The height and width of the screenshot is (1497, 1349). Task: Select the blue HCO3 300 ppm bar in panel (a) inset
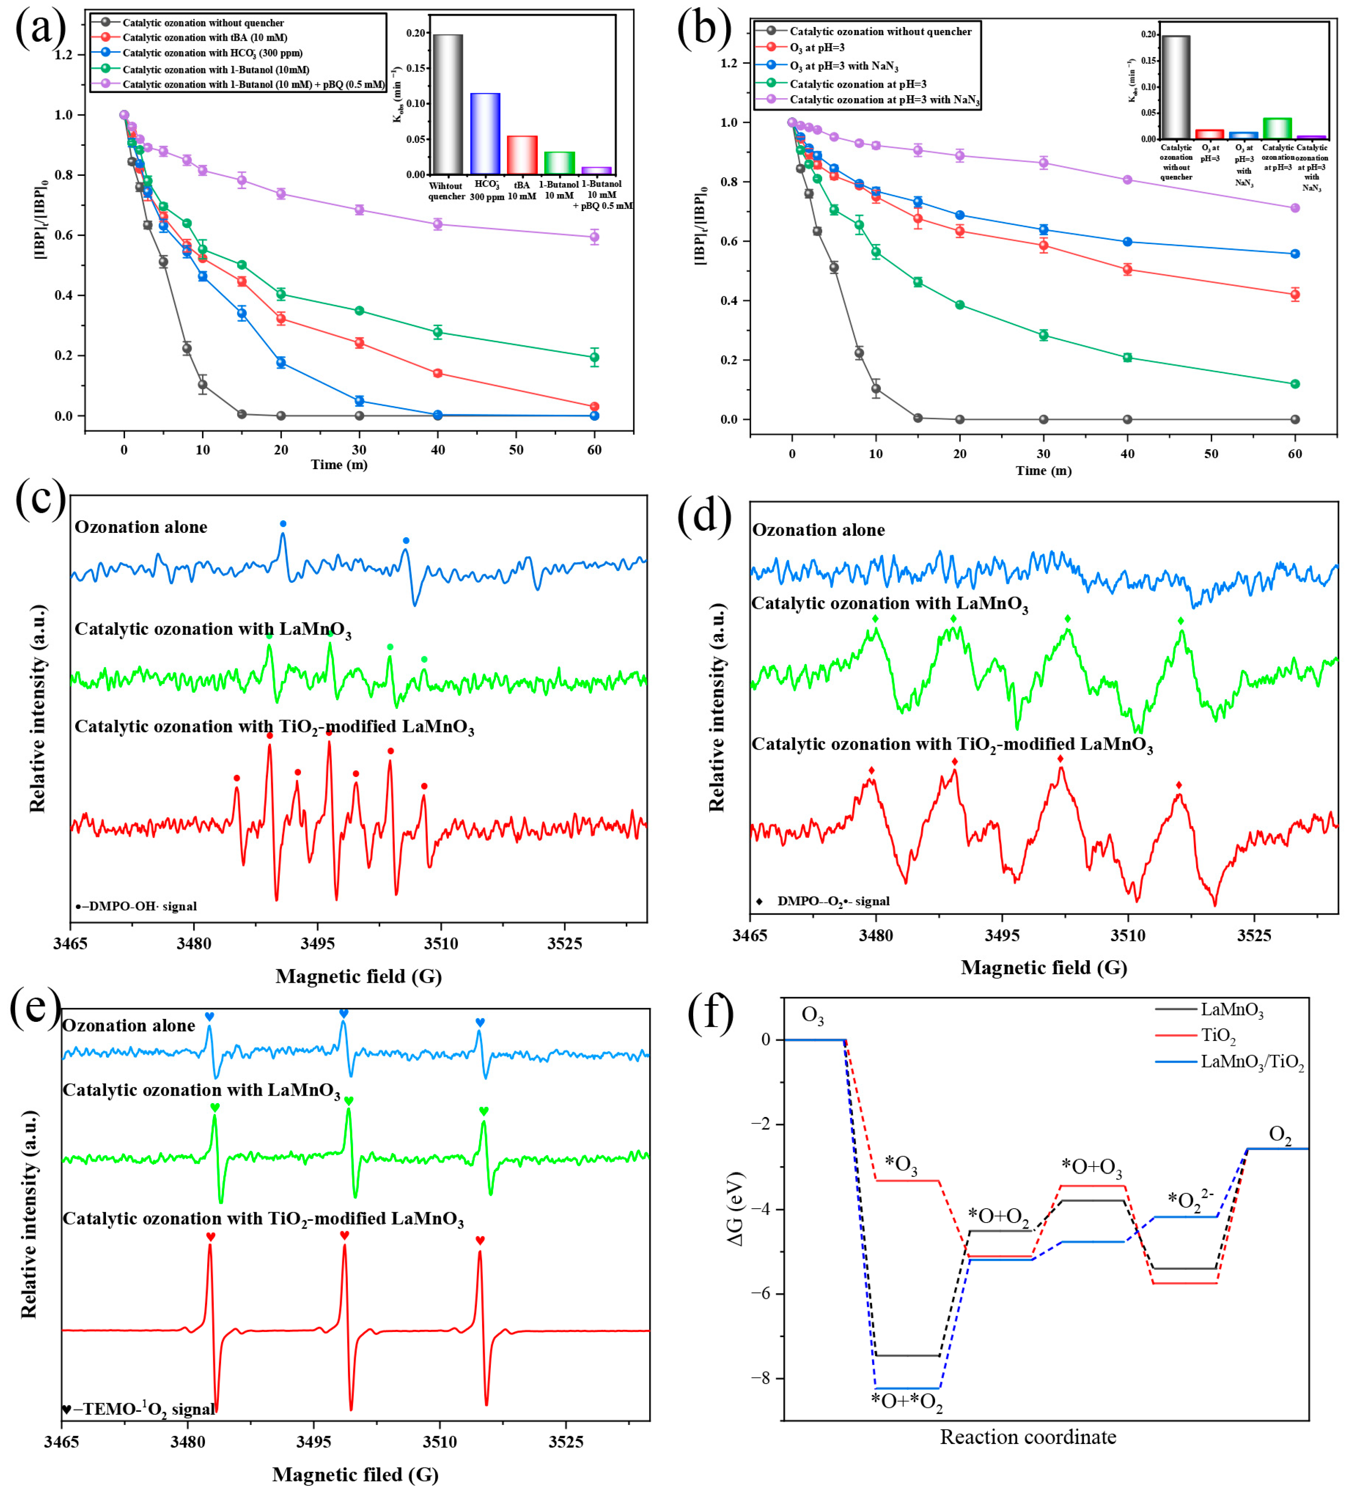pyautogui.click(x=485, y=133)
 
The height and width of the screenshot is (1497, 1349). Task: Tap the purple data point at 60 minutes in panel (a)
pyautogui.click(x=594, y=237)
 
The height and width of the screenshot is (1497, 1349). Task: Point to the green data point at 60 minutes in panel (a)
pyautogui.click(x=594, y=357)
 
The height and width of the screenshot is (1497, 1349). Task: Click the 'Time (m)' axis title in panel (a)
pyautogui.click(x=339, y=465)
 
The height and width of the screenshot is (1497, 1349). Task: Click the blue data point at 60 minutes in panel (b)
pyautogui.click(x=1295, y=254)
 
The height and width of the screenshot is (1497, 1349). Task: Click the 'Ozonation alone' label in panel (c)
pyautogui.click(x=141, y=527)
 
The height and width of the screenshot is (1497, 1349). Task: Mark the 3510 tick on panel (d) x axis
pyautogui.click(x=1128, y=935)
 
